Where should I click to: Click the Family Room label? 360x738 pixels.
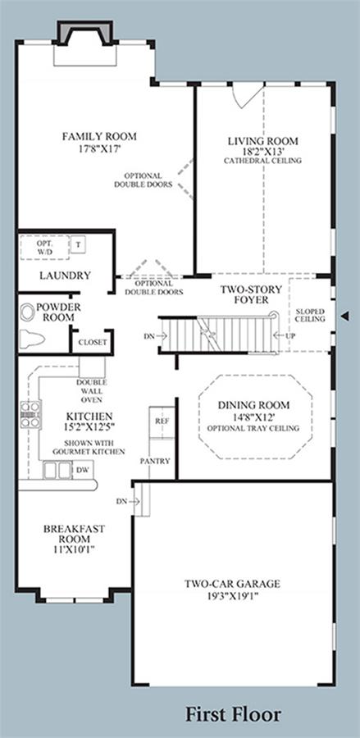pyautogui.click(x=99, y=136)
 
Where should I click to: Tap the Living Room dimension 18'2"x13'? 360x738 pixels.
pyautogui.click(x=263, y=151)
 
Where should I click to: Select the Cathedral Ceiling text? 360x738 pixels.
pyautogui.click(x=262, y=161)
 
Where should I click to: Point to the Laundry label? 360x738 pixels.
pyautogui.click(x=65, y=276)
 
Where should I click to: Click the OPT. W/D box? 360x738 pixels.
pyautogui.click(x=45, y=248)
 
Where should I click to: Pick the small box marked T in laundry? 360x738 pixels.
pyautogui.click(x=78, y=244)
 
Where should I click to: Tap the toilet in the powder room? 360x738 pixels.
pyautogui.click(x=31, y=339)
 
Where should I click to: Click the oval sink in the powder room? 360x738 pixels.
pyautogui.click(x=27, y=313)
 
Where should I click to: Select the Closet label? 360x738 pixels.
pyautogui.click(x=92, y=342)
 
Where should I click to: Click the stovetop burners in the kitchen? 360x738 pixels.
pyautogui.click(x=30, y=414)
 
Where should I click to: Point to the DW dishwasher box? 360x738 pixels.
pyautogui.click(x=83, y=469)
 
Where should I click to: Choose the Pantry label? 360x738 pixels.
pyautogui.click(x=155, y=461)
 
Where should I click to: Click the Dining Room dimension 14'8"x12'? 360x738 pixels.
pyautogui.click(x=253, y=417)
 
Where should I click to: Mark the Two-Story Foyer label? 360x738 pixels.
pyautogui.click(x=251, y=294)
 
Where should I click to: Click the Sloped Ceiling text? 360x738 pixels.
pyautogui.click(x=311, y=316)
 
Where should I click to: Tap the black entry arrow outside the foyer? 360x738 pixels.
pyautogui.click(x=345, y=317)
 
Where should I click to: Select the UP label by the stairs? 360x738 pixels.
pyautogui.click(x=290, y=335)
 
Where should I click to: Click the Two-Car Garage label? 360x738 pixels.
pyautogui.click(x=232, y=584)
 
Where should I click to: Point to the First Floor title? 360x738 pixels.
pyautogui.click(x=233, y=714)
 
